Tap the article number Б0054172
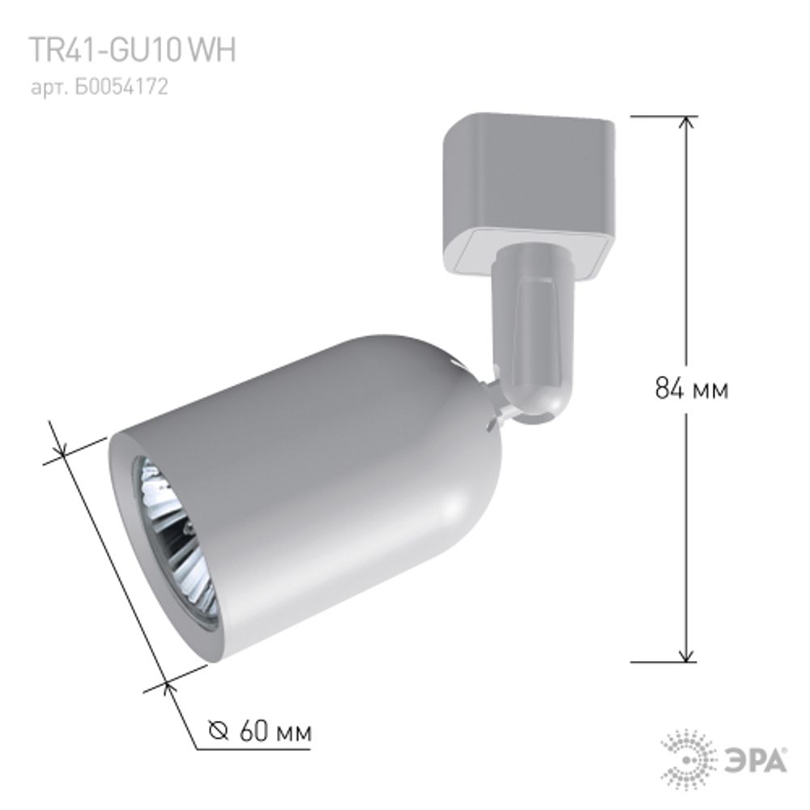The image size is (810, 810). click(x=100, y=87)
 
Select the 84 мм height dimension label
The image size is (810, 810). click(x=691, y=390)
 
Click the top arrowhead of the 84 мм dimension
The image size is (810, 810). click(x=687, y=124)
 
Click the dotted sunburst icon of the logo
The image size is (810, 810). click(x=688, y=760)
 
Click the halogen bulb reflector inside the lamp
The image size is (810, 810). click(x=174, y=543)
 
